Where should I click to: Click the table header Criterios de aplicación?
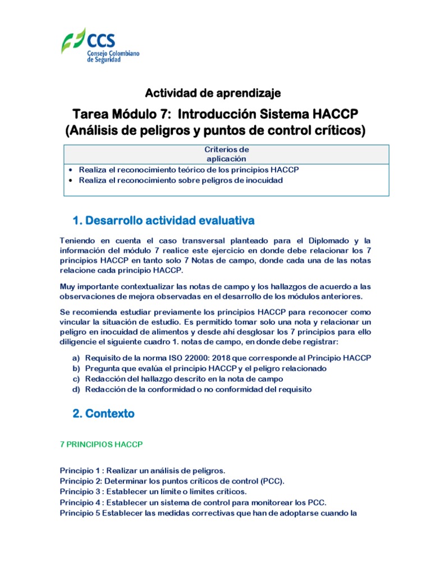tap(226, 154)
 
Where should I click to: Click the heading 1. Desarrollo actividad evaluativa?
tap(164, 218)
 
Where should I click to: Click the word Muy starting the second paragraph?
tap(67, 286)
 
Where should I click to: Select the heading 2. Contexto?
tap(103, 414)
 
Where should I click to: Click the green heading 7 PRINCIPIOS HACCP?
tap(102, 444)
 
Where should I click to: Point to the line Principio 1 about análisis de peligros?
tap(143, 471)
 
